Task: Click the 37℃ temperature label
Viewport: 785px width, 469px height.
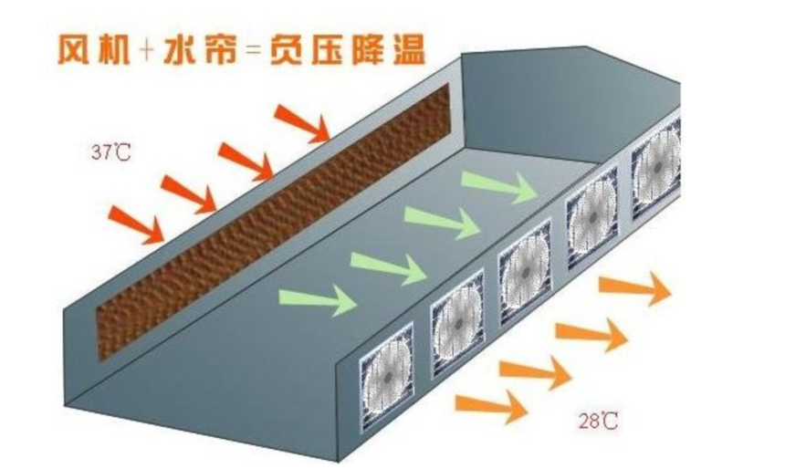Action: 111,151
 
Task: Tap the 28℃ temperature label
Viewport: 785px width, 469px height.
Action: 598,421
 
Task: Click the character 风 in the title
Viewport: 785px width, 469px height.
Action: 75,49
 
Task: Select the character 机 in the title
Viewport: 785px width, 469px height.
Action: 114,49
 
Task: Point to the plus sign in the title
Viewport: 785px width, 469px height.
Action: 147,50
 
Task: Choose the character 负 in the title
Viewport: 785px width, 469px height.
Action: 287,49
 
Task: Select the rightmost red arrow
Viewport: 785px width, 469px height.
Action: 302,123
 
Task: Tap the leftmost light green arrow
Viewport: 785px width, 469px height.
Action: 318,300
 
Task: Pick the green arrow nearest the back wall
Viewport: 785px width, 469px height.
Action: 499,188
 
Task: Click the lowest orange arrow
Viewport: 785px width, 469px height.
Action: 491,406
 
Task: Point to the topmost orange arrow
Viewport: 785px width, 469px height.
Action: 635,287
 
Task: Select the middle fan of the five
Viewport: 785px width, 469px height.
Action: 526,273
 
